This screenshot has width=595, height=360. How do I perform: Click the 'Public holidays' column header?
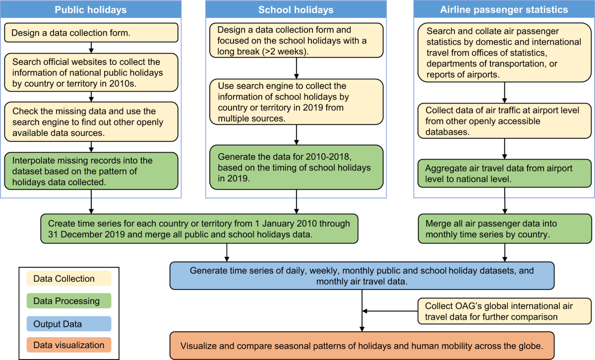[x=90, y=9]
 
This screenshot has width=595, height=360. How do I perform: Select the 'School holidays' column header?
[x=296, y=9]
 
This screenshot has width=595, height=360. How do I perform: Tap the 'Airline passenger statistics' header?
[x=504, y=9]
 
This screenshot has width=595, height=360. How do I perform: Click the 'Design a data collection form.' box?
[x=90, y=34]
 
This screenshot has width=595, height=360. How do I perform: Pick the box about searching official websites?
[x=90, y=72]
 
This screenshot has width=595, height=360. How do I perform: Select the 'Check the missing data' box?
[x=90, y=121]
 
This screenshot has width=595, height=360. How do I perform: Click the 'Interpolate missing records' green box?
[x=90, y=171]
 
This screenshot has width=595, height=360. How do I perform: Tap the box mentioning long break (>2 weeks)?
[x=296, y=39]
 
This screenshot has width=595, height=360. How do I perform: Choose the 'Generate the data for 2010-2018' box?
[x=296, y=168]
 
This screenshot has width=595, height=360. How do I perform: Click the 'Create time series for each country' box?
[x=199, y=229]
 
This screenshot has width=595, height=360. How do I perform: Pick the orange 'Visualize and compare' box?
[x=361, y=346]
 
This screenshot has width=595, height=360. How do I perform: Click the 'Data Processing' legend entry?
[x=66, y=301]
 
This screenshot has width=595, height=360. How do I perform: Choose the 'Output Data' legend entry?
[x=66, y=323]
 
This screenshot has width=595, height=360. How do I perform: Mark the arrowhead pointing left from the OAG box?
[x=365, y=311]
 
